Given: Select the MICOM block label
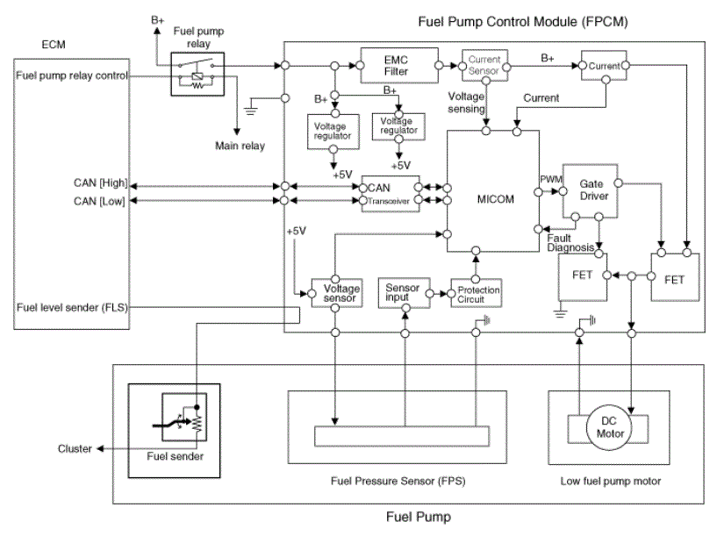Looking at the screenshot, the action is click(495, 199).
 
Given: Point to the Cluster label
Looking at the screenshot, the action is click(75, 449).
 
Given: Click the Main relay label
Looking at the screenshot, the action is click(240, 146).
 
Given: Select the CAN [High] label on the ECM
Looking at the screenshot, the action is click(100, 182).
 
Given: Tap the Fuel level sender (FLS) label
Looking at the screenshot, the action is click(72, 308).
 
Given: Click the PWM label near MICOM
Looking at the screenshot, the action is click(551, 179).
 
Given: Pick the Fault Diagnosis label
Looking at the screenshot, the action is click(570, 243).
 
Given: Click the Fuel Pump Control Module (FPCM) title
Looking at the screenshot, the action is click(523, 22).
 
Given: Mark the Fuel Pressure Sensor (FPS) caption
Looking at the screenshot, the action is click(398, 481).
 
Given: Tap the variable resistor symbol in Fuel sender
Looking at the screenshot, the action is click(197, 422).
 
